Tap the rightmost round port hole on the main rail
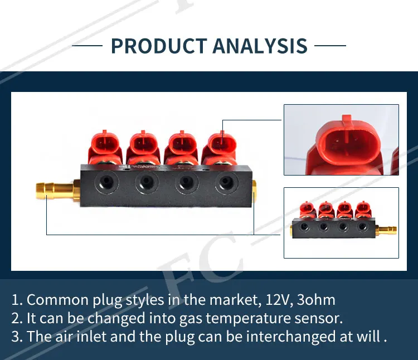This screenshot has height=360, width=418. [x=225, y=181]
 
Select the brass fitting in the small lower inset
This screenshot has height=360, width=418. [x=387, y=228]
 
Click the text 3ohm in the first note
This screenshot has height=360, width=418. [x=317, y=300]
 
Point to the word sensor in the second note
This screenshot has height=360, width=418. [x=323, y=318]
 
